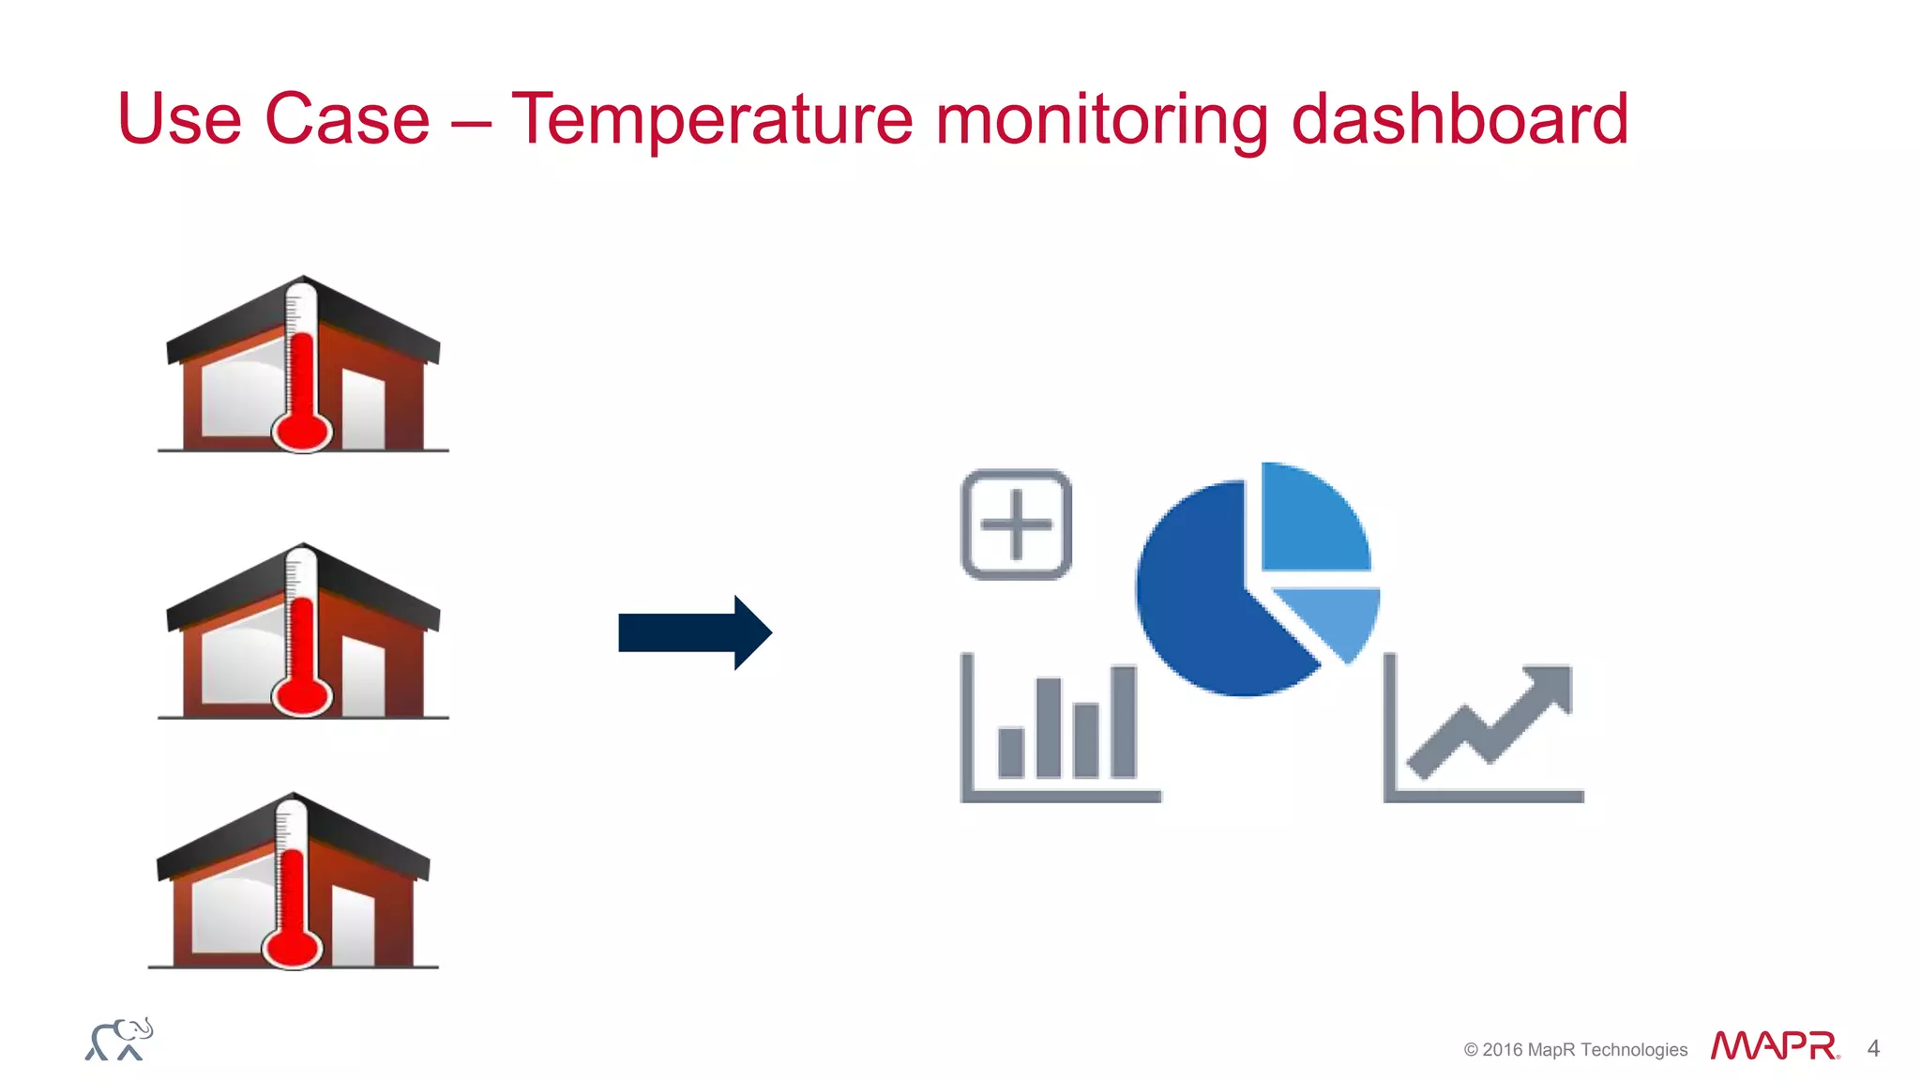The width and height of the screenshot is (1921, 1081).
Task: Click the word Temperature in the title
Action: (711, 119)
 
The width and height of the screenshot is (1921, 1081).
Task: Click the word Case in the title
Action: (347, 119)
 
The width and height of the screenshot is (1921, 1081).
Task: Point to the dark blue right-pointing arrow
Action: (694, 632)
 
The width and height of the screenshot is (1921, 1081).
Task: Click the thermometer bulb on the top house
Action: (301, 433)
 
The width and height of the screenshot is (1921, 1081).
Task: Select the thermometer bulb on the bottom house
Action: (292, 948)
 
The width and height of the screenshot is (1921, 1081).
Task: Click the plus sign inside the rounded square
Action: (1016, 525)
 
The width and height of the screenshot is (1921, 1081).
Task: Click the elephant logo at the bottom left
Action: (119, 1040)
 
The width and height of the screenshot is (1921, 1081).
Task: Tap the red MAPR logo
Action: (1773, 1046)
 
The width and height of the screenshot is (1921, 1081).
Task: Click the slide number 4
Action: (1873, 1048)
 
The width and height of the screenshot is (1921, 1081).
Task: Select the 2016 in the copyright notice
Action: (1502, 1050)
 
